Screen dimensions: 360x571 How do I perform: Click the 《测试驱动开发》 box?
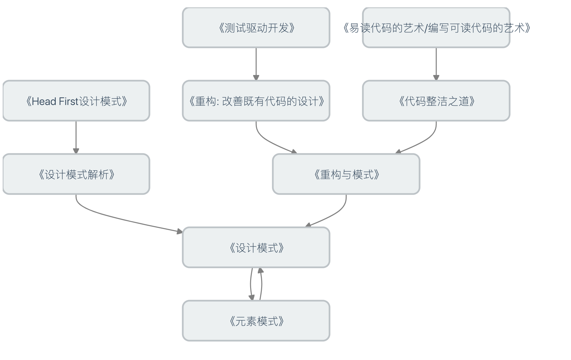[256, 28]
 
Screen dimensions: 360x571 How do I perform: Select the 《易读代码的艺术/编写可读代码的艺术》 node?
[436, 28]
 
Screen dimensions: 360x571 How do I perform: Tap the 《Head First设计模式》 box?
[76, 101]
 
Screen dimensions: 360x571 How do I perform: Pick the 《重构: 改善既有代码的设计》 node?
[256, 101]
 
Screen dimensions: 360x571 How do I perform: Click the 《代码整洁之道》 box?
[436, 101]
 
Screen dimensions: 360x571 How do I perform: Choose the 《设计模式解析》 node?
[76, 174]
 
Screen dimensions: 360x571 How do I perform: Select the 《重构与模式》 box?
[346, 174]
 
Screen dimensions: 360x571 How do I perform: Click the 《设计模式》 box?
[256, 247]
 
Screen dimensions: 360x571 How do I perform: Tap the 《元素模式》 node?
[256, 321]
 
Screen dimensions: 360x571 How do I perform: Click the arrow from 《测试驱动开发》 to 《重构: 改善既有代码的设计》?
[256, 63]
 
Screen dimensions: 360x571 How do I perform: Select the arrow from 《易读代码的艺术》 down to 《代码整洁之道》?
[436, 63]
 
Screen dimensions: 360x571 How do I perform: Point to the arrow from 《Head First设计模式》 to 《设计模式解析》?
[76, 137]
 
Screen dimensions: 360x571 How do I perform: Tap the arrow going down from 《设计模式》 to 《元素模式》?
[251, 283]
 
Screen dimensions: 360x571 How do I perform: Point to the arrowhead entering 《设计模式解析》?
[76, 151]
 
